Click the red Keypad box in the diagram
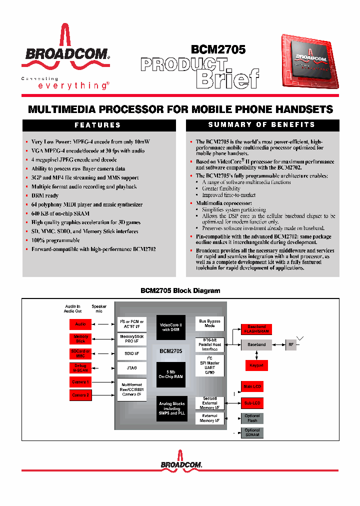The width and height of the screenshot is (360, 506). (x=256, y=365)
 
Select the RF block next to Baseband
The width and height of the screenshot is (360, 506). (x=291, y=344)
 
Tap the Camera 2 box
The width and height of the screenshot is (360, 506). (x=80, y=395)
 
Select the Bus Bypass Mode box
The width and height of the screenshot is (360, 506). (x=209, y=323)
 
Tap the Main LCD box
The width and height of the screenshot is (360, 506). (x=252, y=386)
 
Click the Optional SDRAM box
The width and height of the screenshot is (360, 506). (x=252, y=432)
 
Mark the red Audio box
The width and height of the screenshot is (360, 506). (x=80, y=324)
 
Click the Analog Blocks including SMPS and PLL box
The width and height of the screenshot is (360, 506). (x=171, y=408)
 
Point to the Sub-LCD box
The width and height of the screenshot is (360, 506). (x=252, y=402)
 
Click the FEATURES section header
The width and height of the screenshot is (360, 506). (x=98, y=125)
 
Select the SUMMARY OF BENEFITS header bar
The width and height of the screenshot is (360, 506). (x=262, y=124)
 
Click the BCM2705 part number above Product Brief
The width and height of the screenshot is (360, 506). (x=218, y=49)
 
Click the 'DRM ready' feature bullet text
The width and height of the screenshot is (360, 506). (x=45, y=195)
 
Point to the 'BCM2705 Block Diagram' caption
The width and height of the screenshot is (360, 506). (x=180, y=290)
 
